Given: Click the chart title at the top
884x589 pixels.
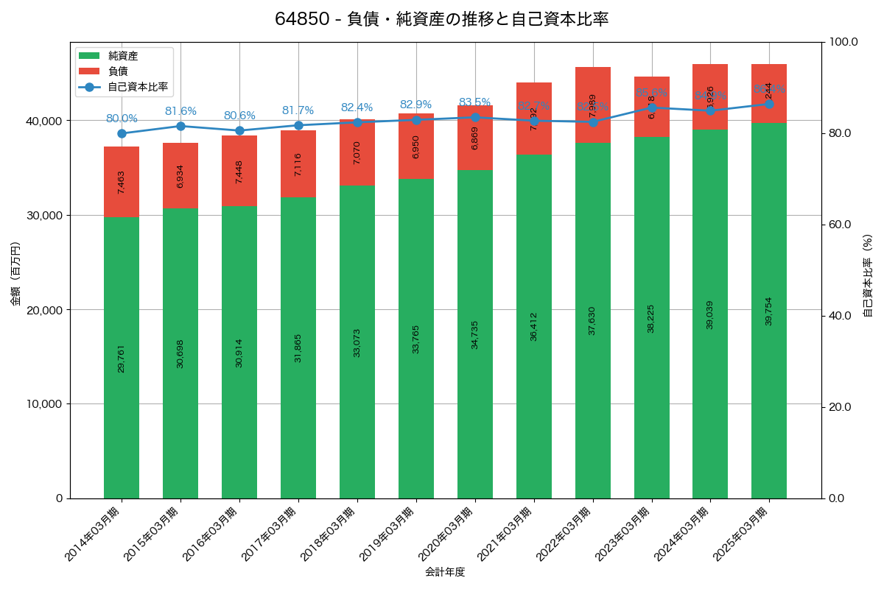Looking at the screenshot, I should click(441, 19).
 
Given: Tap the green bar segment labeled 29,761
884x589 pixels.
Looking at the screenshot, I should click(122, 358).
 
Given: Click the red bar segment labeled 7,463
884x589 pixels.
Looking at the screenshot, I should click(122, 182).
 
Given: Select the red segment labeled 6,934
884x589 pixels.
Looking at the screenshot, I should click(180, 176).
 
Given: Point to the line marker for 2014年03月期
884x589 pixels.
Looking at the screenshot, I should click(122, 133).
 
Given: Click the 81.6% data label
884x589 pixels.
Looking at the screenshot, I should click(180, 111).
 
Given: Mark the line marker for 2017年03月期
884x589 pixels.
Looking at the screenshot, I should click(298, 125).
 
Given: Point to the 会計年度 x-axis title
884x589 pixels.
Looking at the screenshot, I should click(445, 572).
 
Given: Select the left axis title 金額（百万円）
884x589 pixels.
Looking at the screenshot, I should click(15, 274).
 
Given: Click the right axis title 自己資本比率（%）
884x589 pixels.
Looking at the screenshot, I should click(868, 275).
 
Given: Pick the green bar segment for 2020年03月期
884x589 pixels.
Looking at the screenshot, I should click(475, 334).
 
